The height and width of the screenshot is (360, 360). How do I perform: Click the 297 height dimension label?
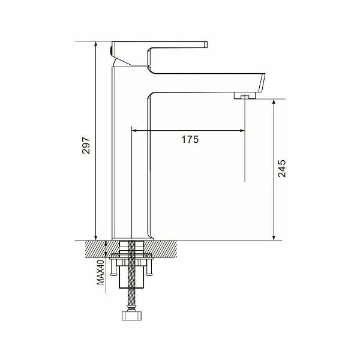(x=86, y=145)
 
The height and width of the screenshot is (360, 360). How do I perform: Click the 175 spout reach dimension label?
(x=190, y=139)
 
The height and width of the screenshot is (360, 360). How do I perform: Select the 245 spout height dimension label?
(x=282, y=168)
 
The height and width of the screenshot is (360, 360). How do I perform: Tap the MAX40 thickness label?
(x=100, y=272)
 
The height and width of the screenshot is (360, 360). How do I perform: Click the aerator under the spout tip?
(x=245, y=95)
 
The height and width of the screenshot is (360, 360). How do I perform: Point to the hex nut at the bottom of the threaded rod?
(x=131, y=316)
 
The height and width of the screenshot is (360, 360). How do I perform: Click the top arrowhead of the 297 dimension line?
(x=96, y=44)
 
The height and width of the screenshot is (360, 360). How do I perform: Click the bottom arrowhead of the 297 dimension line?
(x=96, y=238)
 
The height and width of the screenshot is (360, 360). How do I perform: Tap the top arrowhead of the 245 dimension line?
(x=274, y=102)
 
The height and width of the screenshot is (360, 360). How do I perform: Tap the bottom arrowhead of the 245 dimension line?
(x=274, y=238)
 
